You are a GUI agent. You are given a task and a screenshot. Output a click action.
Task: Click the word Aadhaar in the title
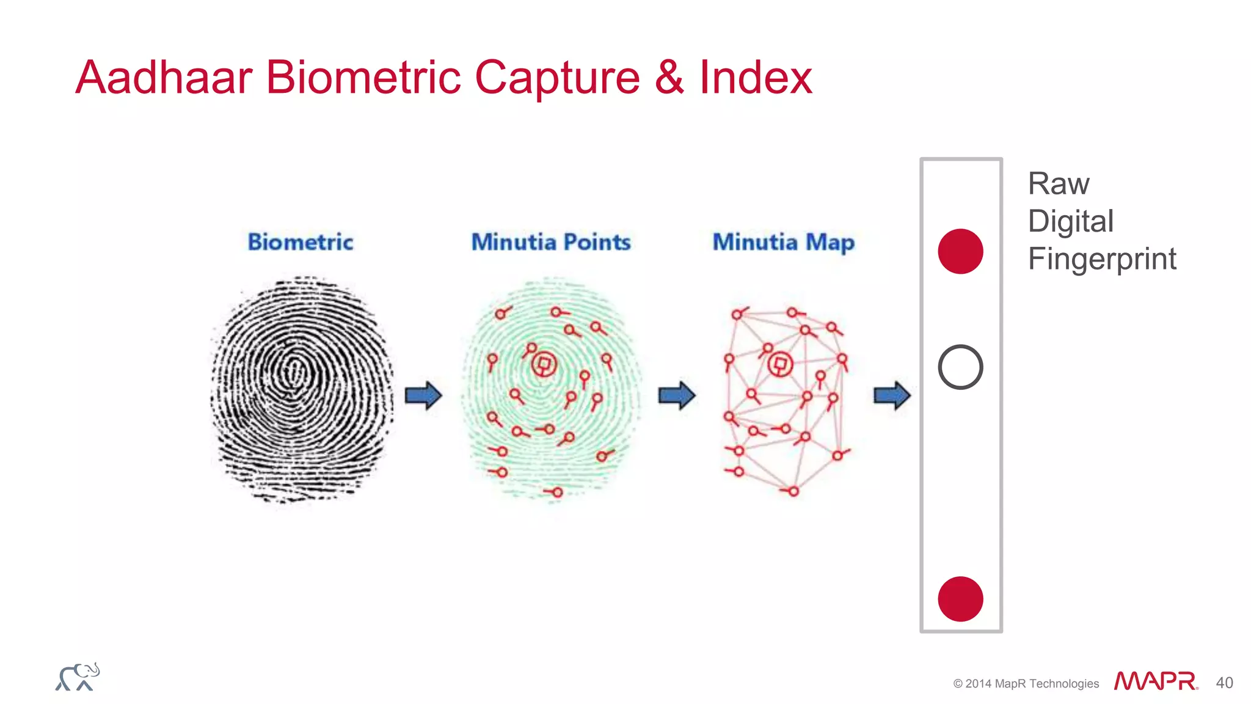coord(164,78)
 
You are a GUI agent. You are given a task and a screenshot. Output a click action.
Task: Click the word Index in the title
coord(755,78)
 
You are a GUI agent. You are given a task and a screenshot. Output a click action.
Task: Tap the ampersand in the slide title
coord(669,78)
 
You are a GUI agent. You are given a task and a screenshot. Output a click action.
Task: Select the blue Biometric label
coord(301,242)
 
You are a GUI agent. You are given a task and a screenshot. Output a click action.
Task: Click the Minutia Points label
coord(551,242)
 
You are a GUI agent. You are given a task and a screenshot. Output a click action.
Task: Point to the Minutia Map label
coord(784,242)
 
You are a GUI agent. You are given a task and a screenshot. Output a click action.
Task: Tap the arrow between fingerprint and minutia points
coord(423,395)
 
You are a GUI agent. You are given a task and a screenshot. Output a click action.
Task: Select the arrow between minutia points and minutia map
coord(677,395)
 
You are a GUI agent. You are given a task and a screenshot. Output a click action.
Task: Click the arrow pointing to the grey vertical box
coord(892,395)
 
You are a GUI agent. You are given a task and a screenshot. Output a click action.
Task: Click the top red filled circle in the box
coord(960,251)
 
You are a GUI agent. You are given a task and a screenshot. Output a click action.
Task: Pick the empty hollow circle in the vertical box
coord(960,367)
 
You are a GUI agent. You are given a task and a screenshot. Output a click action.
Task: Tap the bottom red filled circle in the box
coord(960,599)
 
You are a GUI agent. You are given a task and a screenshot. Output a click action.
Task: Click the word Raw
coord(1059,184)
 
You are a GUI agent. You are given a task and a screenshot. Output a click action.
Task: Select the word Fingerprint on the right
coord(1102,259)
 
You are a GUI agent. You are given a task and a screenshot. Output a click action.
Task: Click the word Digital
coord(1071,221)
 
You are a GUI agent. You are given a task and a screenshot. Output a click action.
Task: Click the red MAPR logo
coord(1154,681)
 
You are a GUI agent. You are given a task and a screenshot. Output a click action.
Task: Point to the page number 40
coord(1224,683)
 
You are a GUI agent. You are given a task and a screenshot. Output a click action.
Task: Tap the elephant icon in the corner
coord(78,677)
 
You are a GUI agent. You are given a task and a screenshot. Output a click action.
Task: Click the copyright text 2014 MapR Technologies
coord(1026,683)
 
